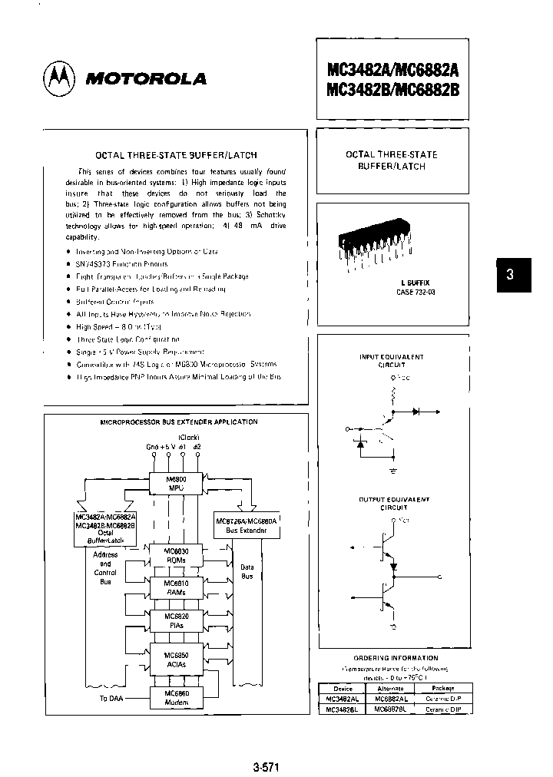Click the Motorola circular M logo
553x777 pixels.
click(60, 78)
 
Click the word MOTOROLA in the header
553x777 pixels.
click(144, 78)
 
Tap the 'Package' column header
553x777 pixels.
click(442, 688)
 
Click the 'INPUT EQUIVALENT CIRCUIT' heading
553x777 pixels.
click(391, 361)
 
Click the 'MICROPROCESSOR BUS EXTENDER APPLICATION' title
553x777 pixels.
click(179, 422)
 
